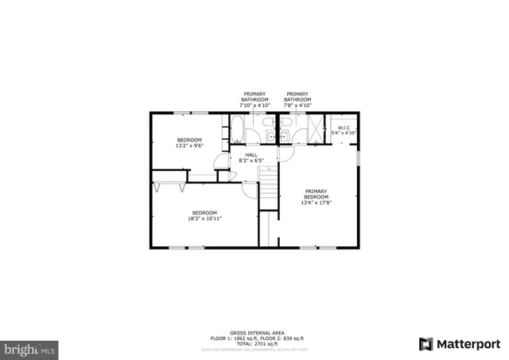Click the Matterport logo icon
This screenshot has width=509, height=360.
pos(426,343)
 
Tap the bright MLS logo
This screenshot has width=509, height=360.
pos(30,348)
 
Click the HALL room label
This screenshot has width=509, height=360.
pos(251,155)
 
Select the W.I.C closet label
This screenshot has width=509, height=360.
pos(344,127)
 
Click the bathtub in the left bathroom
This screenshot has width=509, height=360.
pos(237,127)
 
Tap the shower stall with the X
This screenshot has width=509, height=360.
pos(316,129)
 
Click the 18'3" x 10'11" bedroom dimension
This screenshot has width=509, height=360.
pos(205,218)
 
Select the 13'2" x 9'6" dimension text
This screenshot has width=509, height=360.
pos(189,145)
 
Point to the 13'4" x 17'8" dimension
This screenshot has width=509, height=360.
pos(316,203)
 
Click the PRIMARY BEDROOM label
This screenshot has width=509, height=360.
pos(316,194)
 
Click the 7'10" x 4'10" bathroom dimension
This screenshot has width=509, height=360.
pos(254,105)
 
